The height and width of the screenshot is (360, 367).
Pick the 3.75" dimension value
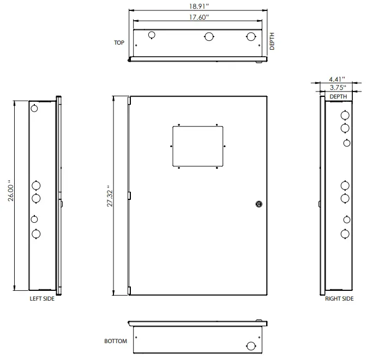[337, 87]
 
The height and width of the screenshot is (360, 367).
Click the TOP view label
[119, 42]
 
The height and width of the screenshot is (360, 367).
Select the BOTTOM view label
[115, 341]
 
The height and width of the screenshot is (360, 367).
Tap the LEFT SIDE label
[42, 298]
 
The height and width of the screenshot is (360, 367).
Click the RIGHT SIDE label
[339, 298]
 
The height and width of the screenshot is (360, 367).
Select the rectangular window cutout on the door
[198, 146]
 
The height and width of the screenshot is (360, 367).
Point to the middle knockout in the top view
[209, 36]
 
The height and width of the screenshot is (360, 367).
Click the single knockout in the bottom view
[250, 346]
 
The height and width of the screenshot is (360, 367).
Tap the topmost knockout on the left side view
[34, 108]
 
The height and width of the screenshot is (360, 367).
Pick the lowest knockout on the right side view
[345, 234]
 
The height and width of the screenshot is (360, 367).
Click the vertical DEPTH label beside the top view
[273, 41]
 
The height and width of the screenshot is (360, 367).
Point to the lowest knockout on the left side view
[36, 235]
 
